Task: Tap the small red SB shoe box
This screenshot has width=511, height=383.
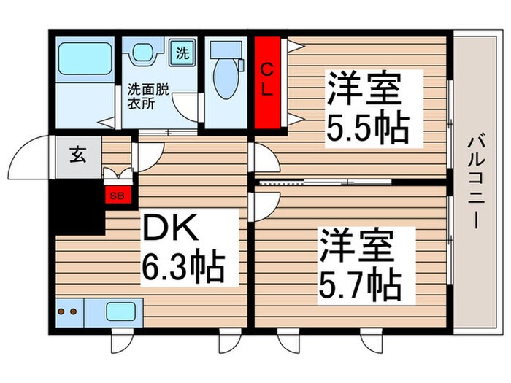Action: (115, 196)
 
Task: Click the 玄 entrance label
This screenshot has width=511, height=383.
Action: (76, 155)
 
